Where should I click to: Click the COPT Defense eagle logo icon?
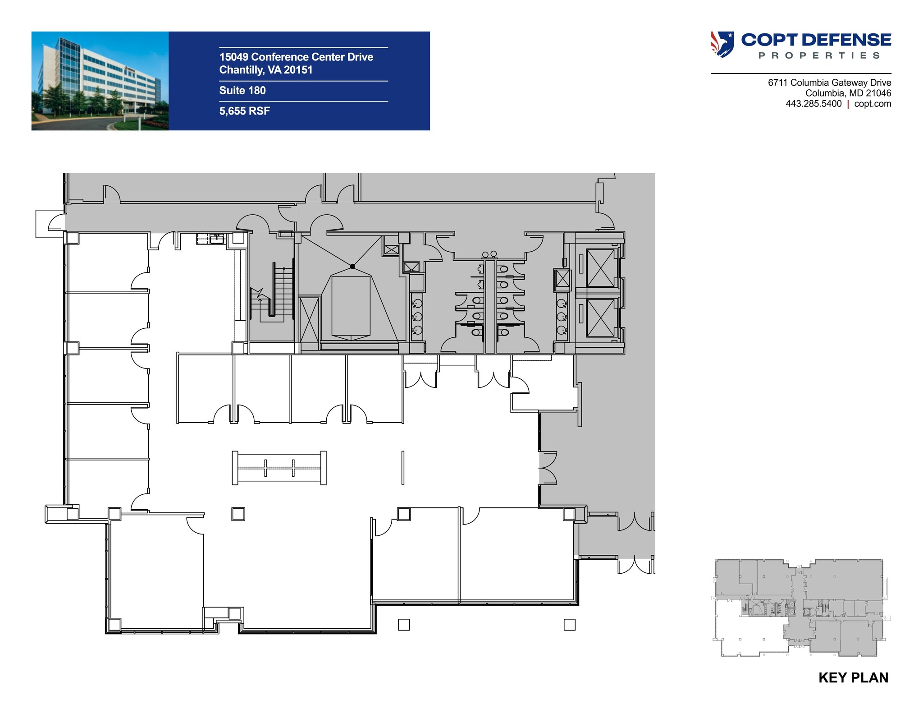(722, 44)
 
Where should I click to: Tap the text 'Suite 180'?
(242, 91)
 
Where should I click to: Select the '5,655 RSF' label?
(245, 111)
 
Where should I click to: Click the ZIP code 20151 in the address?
(298, 70)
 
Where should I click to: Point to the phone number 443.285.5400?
(813, 104)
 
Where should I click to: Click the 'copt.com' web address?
(873, 104)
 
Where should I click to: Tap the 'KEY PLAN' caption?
(853, 677)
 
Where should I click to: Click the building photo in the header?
(100, 81)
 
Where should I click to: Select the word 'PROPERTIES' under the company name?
(819, 55)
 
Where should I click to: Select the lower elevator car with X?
(601, 318)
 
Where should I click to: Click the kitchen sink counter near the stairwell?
(211, 239)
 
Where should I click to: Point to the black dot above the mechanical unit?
(352, 266)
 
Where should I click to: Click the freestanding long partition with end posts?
(279, 468)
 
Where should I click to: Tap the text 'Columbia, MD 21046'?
(848, 93)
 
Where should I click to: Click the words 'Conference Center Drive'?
(312, 57)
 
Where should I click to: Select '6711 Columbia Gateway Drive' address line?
(829, 83)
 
